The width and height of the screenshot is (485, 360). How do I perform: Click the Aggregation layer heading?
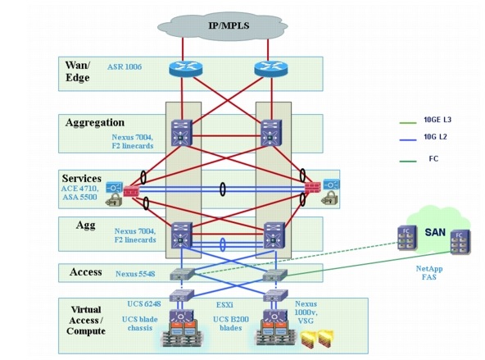(94, 122)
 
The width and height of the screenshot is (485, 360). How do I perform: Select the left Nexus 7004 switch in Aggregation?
(180, 132)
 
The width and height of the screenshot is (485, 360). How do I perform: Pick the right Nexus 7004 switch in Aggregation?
(270, 132)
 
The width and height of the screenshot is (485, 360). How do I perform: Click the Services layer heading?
(81, 177)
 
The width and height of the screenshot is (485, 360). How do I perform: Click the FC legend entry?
(430, 159)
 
